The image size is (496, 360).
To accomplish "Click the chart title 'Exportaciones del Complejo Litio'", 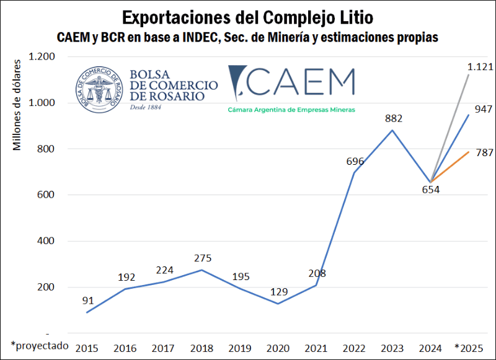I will (x=248, y=15).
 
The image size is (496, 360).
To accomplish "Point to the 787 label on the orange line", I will (x=483, y=152).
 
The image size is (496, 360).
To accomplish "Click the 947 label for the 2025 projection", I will (x=483, y=109).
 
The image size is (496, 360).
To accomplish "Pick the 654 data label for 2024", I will (x=431, y=190).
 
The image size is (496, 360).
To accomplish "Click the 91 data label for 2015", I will (x=87, y=301).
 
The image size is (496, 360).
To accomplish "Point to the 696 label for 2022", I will (x=355, y=161).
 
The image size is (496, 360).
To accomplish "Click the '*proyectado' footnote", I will (x=39, y=346).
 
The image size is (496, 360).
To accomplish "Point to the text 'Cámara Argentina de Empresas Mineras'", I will (x=291, y=110).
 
